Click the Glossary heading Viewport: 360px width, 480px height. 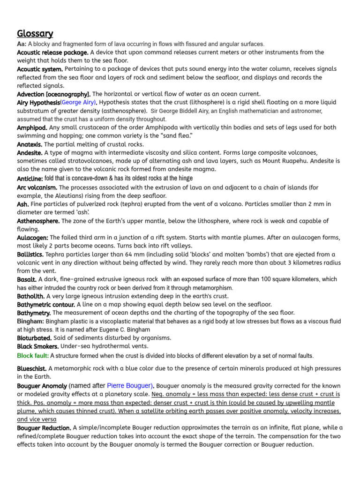pyautogui.click(x=35, y=33)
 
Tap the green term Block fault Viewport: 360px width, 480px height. pyautogui.click(x=31, y=356)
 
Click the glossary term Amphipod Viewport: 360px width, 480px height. pyautogui.click(x=32, y=127)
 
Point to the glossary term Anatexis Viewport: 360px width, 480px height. pyautogui.click(x=30, y=144)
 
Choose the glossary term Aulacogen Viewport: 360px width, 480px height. pyautogui.click(x=33, y=238)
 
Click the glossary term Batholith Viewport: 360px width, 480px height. pyautogui.click(x=31, y=296)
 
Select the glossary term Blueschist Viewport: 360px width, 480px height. pyautogui.click(x=32, y=368)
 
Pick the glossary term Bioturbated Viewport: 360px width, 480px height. pyautogui.click(x=34, y=337)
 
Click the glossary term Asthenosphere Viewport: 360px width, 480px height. pyautogui.click(x=38, y=221)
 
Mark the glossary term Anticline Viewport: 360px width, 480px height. pyautogui.click(x=30, y=179)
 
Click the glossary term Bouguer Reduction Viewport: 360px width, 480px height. pyautogui.click(x=44, y=428)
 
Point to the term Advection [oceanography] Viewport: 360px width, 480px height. pyautogui.click(x=54, y=94)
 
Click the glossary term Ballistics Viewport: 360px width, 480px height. pyautogui.click(x=30, y=254)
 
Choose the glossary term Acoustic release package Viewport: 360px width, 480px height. pyautogui.click(x=52, y=52)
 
